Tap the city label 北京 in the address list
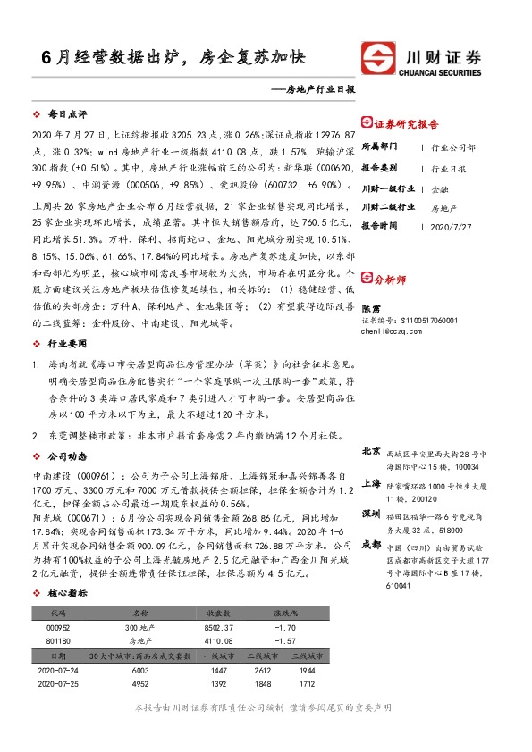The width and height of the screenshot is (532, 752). coord(371,452)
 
